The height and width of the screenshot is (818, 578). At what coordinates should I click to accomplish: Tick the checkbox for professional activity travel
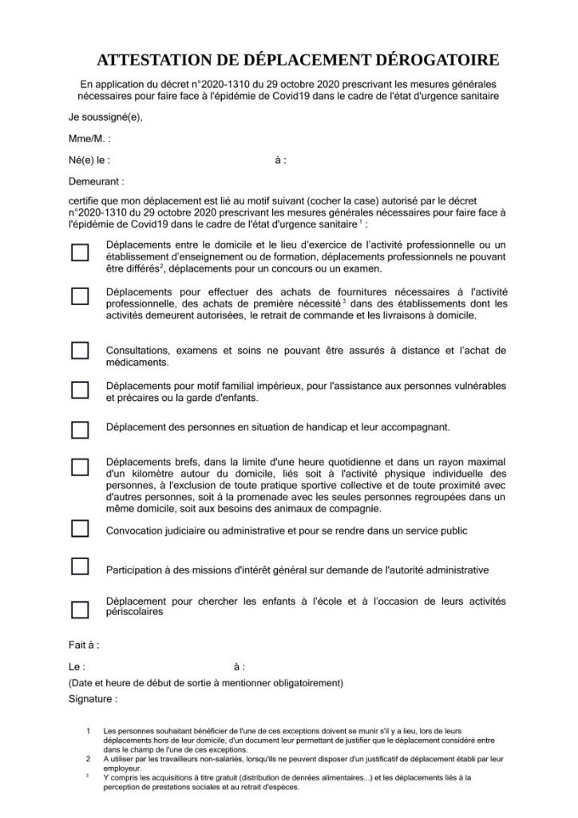point(80,253)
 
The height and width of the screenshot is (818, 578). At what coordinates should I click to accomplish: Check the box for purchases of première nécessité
point(80,296)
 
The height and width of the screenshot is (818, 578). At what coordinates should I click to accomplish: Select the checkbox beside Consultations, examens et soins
point(80,350)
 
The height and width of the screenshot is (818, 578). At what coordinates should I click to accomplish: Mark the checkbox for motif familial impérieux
point(80,390)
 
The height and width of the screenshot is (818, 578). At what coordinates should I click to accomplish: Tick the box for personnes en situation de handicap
point(80,430)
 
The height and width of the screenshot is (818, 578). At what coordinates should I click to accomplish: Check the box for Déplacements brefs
point(80,467)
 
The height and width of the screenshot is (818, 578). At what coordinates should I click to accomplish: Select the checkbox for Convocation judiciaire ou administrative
point(80,528)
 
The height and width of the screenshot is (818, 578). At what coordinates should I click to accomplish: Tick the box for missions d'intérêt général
point(80,566)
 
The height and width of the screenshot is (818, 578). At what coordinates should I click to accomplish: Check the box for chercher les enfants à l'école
point(80,609)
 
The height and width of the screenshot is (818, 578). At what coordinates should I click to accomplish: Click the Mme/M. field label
point(85,138)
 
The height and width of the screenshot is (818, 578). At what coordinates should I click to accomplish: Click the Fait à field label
point(84,645)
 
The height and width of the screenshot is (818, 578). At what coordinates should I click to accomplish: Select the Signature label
point(93,699)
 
